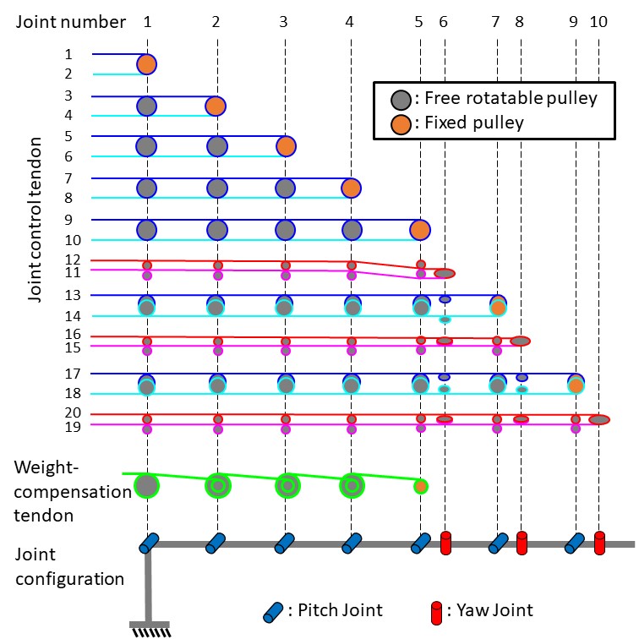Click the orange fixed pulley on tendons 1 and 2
coord(147,64)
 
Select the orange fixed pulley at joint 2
coord(216,106)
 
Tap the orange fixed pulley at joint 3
coord(286,147)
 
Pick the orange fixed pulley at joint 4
coord(351,188)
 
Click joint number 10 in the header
coord(598,22)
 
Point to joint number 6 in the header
coord(444,22)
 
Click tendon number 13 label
coord(73,295)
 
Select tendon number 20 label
coord(73,412)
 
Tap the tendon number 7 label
coord(68,178)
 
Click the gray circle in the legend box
coord(401,100)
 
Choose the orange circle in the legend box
coord(401,125)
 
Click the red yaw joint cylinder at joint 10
coord(599,543)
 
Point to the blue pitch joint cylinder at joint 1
coord(149,543)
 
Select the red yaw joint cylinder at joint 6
coord(445,543)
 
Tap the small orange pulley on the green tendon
coord(421,486)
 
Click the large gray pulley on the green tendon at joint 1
coord(147,486)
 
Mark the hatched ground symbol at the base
coord(150,629)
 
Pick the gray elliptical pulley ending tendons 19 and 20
coord(599,419)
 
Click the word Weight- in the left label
coord(46,467)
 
